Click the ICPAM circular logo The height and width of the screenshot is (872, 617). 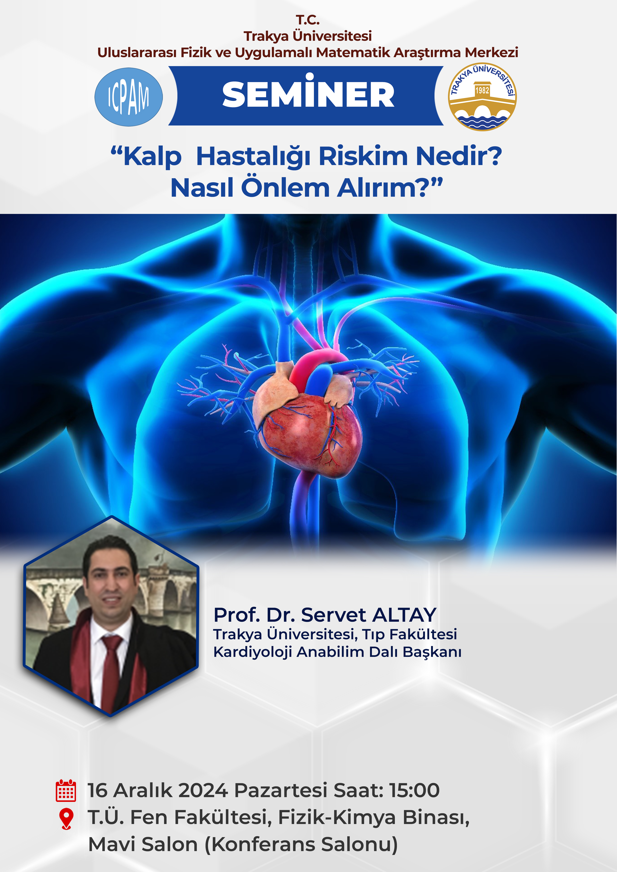(x=129, y=97)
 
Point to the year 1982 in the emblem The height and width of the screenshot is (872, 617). (x=482, y=90)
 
